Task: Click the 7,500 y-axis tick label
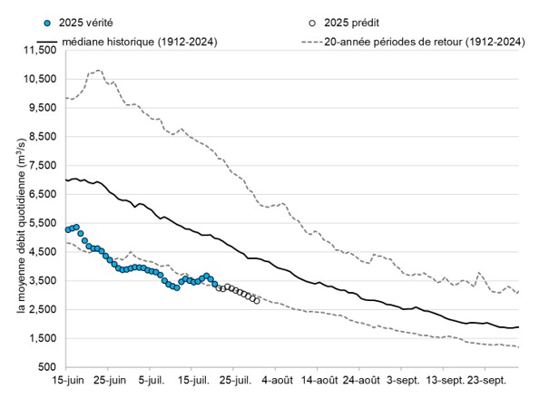point(41,165)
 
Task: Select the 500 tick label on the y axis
point(47,367)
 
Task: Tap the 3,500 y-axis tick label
point(41,281)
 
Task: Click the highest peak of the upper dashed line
point(98,70)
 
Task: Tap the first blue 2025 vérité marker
point(68,230)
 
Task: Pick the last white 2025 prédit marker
point(257,301)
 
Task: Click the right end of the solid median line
point(518,327)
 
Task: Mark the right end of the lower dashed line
point(518,346)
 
